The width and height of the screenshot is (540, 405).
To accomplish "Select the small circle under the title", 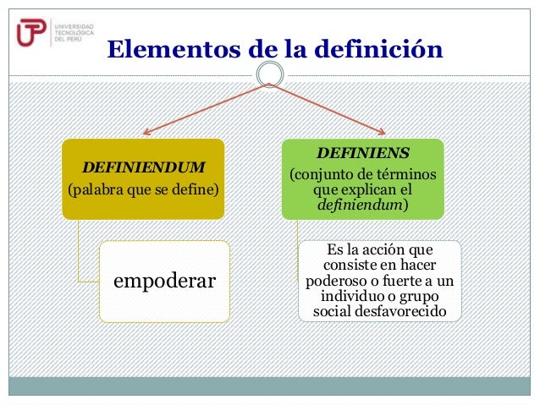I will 270,75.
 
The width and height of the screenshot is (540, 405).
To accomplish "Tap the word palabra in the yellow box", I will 100,187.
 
